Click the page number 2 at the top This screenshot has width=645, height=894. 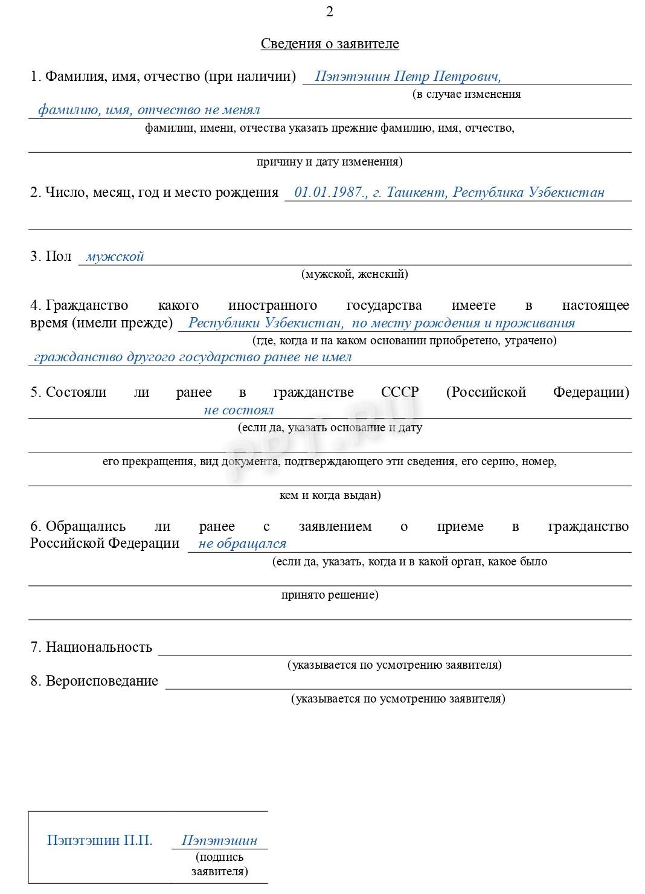[329, 12]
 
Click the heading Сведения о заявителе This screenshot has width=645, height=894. [330, 44]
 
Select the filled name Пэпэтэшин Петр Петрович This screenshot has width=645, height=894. [408, 77]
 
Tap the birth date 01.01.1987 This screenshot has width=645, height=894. [330, 193]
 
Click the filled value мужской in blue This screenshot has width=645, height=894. [115, 257]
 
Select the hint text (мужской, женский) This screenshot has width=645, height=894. [355, 274]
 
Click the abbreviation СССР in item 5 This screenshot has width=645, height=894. [400, 392]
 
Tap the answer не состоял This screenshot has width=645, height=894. [239, 410]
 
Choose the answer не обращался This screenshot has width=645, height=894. [242, 544]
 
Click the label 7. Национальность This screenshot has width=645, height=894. [91, 648]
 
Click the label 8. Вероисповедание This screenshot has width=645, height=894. [94, 681]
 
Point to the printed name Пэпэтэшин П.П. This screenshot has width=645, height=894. [100, 840]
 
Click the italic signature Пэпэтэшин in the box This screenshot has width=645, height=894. [219, 840]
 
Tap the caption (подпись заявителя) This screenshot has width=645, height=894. [219, 864]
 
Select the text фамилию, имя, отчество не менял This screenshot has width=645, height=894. [149, 110]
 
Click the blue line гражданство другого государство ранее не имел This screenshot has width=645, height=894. [193, 357]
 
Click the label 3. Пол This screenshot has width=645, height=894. [51, 257]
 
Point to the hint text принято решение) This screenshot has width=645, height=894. [330, 595]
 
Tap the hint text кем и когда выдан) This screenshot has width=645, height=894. [330, 495]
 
